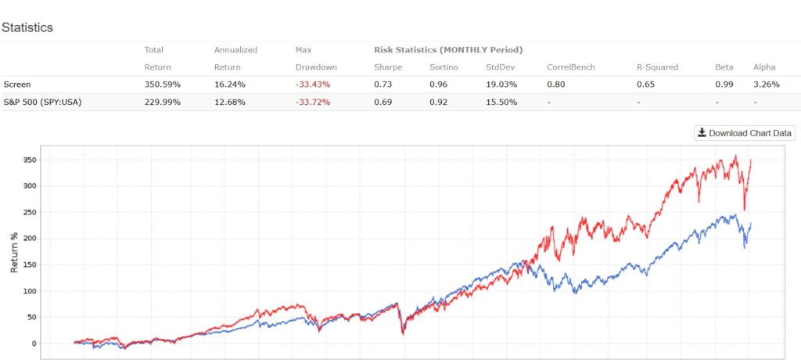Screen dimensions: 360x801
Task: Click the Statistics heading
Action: tap(27, 27)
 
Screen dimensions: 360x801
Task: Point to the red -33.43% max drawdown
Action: tap(313, 85)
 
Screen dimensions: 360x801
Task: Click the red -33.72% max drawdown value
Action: tap(313, 103)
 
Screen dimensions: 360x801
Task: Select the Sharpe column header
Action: tap(388, 67)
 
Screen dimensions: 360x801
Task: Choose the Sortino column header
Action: tap(443, 67)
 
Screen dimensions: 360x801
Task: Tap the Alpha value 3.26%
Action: tap(766, 85)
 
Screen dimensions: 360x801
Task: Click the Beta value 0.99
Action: tap(724, 85)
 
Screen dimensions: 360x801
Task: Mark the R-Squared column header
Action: tap(659, 67)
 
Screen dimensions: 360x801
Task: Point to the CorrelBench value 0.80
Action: tap(556, 85)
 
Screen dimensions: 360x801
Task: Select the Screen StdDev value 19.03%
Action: tap(501, 85)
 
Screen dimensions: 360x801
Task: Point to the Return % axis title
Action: tap(13, 252)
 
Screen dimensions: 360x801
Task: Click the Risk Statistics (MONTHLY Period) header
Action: tap(447, 50)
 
